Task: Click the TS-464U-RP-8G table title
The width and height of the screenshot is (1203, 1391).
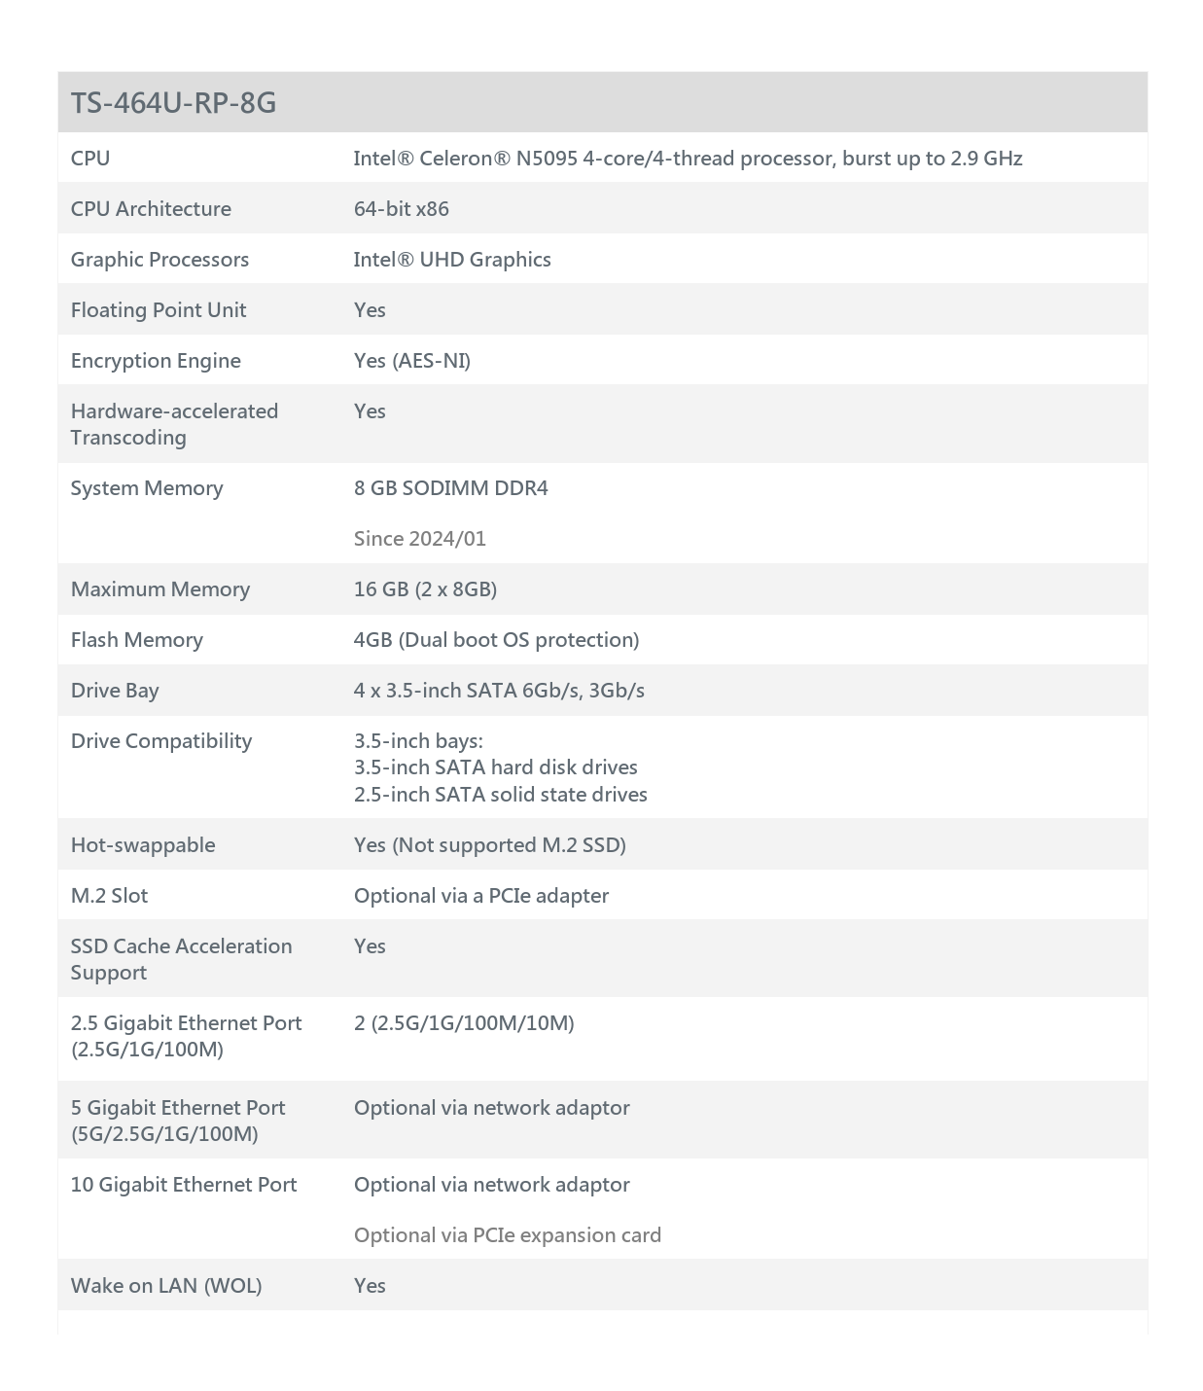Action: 173,102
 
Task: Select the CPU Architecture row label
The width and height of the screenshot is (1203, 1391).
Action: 151,209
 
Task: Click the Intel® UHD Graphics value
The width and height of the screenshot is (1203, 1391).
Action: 452,260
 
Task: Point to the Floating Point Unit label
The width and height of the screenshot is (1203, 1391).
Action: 159,310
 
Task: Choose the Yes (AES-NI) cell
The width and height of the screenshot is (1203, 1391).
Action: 412,361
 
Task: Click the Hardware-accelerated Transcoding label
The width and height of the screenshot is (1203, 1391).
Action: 174,424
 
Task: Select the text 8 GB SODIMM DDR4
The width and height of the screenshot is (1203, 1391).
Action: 451,488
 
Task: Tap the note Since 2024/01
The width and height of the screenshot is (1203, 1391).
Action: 420,539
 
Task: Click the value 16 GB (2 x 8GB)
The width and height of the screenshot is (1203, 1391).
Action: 425,589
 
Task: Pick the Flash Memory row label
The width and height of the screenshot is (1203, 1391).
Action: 137,640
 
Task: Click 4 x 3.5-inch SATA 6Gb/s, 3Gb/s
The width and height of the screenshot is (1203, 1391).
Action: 499,691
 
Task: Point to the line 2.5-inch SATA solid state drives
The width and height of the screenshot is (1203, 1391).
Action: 501,795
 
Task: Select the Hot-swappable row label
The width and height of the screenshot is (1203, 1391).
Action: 143,845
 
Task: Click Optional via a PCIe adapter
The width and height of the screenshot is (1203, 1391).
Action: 481,896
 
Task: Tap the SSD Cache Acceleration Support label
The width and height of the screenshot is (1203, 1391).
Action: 181,959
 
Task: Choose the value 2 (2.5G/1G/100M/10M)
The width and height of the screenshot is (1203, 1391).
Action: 464,1023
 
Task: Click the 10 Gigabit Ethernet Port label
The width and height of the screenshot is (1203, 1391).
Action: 184,1185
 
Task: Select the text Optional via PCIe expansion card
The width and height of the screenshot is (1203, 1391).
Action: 508,1235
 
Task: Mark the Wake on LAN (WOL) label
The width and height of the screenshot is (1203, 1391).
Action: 166,1286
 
